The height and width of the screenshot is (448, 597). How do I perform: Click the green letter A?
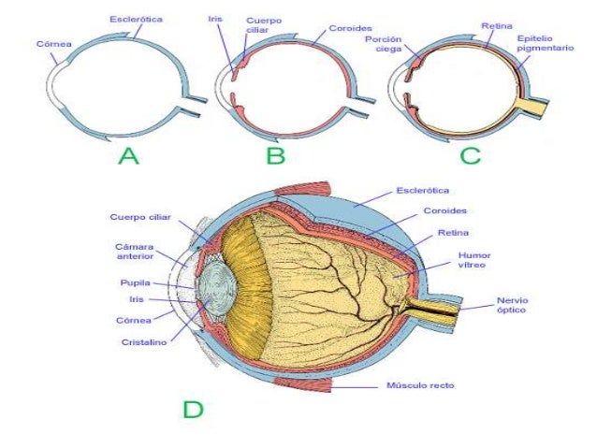click(128, 158)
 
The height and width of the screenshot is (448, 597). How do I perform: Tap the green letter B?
click(275, 158)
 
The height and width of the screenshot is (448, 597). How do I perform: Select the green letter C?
click(470, 158)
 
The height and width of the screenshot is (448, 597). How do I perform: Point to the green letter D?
click(192, 409)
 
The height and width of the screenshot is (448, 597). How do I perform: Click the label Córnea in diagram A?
click(51, 43)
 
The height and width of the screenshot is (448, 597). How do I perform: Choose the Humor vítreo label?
click(473, 258)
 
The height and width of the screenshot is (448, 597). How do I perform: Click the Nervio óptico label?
click(512, 305)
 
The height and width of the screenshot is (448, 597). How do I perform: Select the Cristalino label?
click(143, 342)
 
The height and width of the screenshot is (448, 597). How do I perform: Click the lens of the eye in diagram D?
click(218, 290)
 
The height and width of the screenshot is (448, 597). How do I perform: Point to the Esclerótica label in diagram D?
click(424, 190)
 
